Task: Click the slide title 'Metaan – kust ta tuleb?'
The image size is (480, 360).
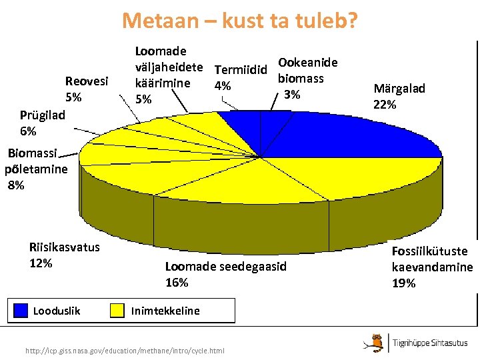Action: (x=240, y=21)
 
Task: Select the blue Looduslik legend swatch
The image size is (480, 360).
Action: (x=23, y=310)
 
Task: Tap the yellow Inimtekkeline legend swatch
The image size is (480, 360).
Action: (x=117, y=310)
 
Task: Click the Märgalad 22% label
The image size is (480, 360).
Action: (x=399, y=97)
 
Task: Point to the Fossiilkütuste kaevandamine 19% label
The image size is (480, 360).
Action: (x=432, y=267)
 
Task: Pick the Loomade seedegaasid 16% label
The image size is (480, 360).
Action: (x=225, y=274)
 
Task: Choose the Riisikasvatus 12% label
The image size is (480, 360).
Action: (x=64, y=255)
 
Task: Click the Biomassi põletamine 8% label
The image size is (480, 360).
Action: (x=37, y=169)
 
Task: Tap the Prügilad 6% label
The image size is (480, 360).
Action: (x=42, y=123)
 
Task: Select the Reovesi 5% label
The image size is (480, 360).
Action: (x=86, y=89)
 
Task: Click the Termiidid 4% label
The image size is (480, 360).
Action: (x=240, y=77)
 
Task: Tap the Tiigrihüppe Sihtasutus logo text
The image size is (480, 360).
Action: (x=430, y=343)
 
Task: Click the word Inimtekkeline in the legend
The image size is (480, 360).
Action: (x=165, y=311)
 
